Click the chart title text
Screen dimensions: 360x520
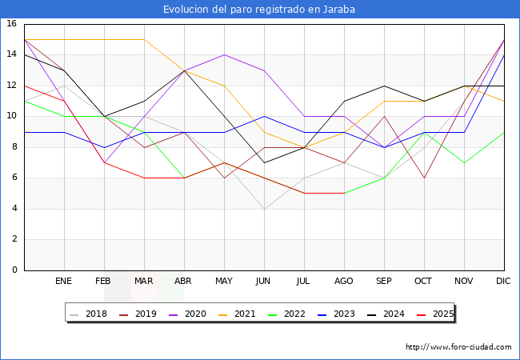pyautogui.click(x=259, y=10)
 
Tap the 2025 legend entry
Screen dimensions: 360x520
pyautogui.click(x=431, y=314)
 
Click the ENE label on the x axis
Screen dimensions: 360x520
pyautogui.click(x=64, y=282)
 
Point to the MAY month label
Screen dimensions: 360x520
pyautogui.click(x=224, y=282)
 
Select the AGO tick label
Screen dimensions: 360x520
pyautogui.click(x=344, y=282)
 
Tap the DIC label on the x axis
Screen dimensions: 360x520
pyautogui.click(x=504, y=282)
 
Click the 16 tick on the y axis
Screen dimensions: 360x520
pyautogui.click(x=12, y=24)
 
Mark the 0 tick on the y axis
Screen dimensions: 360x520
pyautogui.click(x=14, y=270)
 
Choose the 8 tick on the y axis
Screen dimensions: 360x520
pyautogui.click(x=14, y=147)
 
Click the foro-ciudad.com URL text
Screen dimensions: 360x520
pyautogui.click(x=458, y=347)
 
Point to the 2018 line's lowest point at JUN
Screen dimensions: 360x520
pyautogui.click(x=264, y=209)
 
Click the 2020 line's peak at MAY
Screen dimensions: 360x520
pyautogui.click(x=224, y=54)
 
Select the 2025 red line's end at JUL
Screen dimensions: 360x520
pyautogui.click(x=304, y=193)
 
